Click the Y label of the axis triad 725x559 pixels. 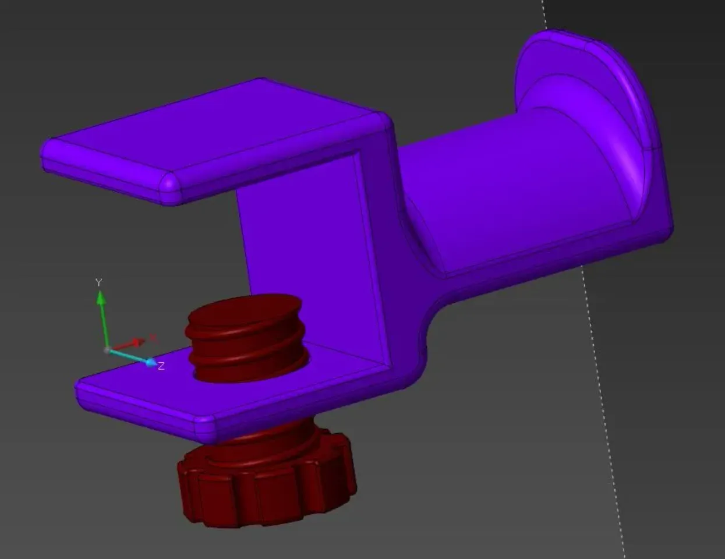[98, 282]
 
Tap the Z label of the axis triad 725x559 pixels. [161, 366]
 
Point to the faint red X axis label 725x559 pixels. [153, 337]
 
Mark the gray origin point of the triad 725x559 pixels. [107, 350]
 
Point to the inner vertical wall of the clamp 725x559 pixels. [303, 245]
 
